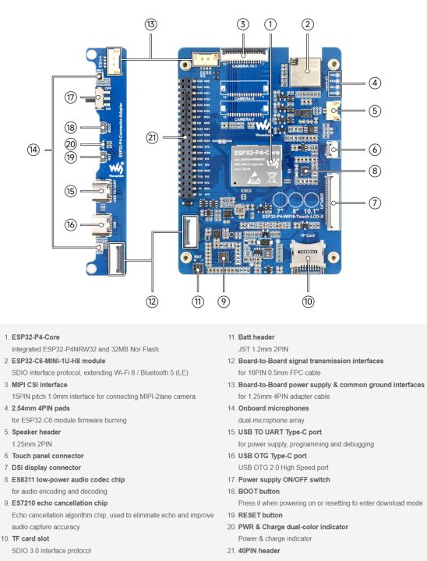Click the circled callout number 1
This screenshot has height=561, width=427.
[270, 24]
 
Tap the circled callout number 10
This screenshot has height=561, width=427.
[307, 301]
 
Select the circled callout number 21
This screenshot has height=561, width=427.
[153, 138]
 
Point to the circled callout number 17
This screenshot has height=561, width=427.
[71, 97]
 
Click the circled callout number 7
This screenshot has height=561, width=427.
[375, 203]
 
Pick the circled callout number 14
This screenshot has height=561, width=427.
[32, 148]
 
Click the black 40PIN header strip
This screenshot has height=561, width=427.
[185, 140]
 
